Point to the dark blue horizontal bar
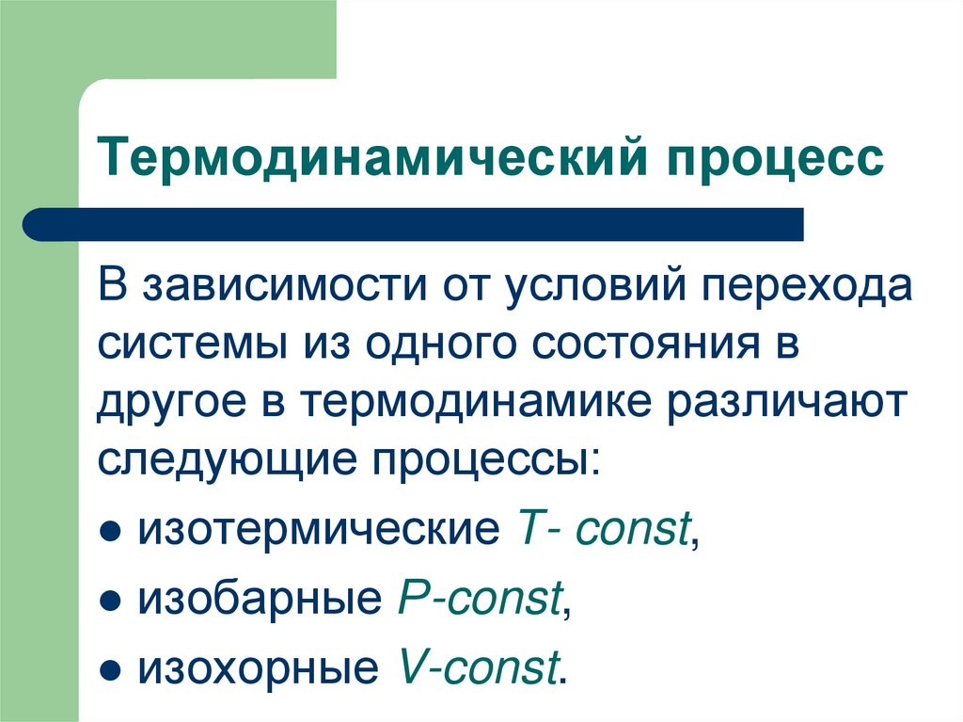(x=414, y=225)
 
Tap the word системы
(x=193, y=345)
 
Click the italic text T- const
(x=602, y=529)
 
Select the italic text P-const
(x=481, y=600)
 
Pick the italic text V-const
(x=478, y=667)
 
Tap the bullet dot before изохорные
(x=111, y=670)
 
